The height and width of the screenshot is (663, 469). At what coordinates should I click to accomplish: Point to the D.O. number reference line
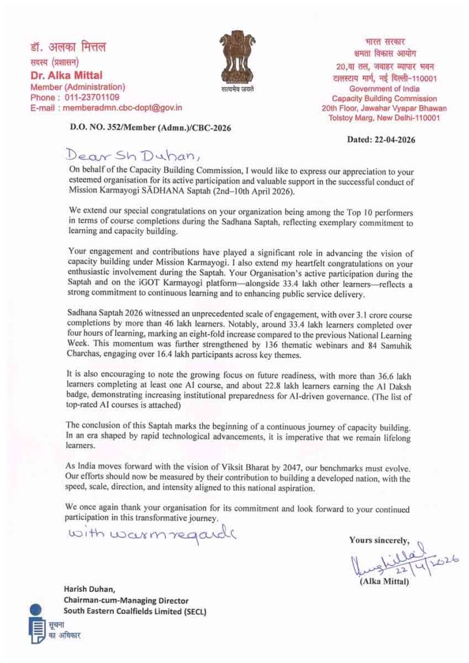(150, 128)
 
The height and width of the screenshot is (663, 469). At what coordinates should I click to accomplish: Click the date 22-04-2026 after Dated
(392, 139)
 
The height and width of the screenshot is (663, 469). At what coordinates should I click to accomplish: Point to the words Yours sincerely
(379, 521)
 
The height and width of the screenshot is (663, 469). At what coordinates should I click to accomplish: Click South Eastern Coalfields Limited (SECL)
(134, 612)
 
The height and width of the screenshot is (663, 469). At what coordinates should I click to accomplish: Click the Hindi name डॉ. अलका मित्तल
(68, 47)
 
